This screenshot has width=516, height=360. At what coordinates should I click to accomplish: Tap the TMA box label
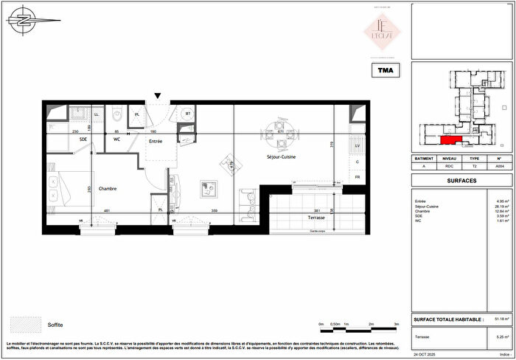(x=385, y=71)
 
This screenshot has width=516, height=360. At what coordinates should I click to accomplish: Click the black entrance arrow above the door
(x=156, y=96)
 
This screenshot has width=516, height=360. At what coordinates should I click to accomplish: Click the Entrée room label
(x=155, y=140)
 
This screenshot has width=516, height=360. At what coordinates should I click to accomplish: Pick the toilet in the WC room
(x=116, y=115)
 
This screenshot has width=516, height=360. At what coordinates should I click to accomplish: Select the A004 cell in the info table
(x=499, y=167)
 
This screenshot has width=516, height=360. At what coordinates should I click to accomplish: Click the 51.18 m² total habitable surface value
(x=501, y=319)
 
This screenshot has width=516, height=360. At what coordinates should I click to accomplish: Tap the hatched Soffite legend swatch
(x=24, y=325)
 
